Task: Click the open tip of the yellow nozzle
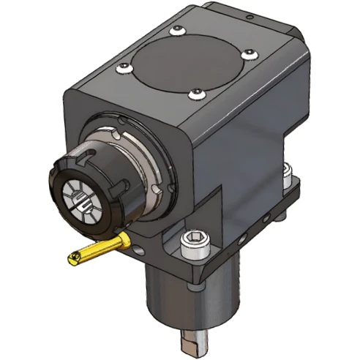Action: tap(73, 258)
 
